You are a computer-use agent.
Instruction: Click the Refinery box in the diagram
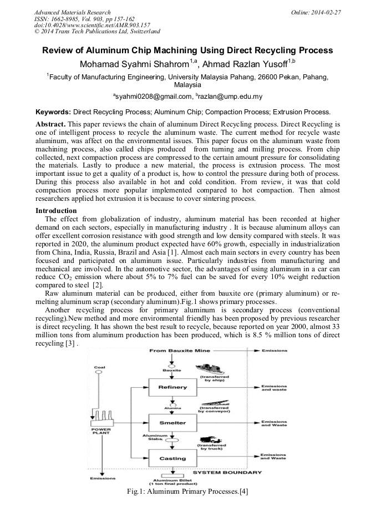172,387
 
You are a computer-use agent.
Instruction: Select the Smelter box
172,423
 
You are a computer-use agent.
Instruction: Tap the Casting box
172,458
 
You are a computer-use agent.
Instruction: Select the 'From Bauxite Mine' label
177,351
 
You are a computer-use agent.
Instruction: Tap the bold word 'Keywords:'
53,112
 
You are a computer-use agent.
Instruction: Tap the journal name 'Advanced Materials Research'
72,12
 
